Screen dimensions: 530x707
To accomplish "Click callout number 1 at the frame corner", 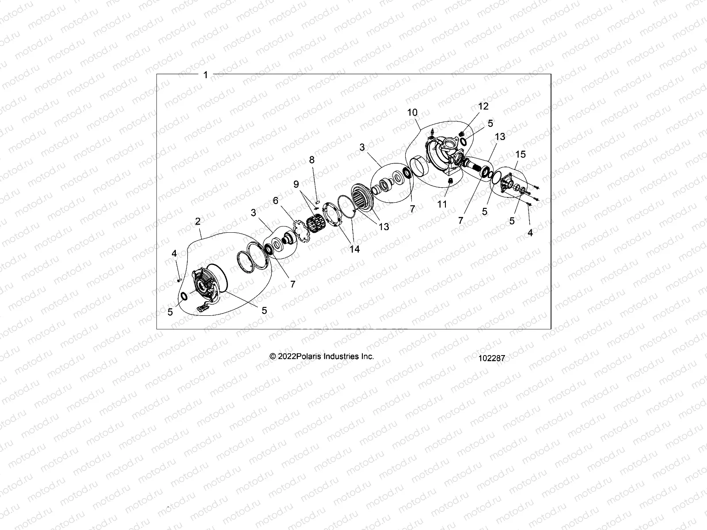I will pos(205,75).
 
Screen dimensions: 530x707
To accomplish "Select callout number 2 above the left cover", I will pos(198,221).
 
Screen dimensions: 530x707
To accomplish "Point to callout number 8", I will pos(312,160).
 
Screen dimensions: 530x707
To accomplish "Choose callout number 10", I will pos(412,113).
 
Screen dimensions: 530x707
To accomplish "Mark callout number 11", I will pos(442,204).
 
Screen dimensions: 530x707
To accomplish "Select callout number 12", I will pos(483,106).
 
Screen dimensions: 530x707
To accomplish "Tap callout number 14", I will pos(354,249).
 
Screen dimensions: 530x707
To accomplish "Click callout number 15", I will pos(521,154).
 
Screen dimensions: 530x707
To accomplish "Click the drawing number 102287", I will pos(491,358).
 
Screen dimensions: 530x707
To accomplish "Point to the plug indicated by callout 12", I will pos(461,134).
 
